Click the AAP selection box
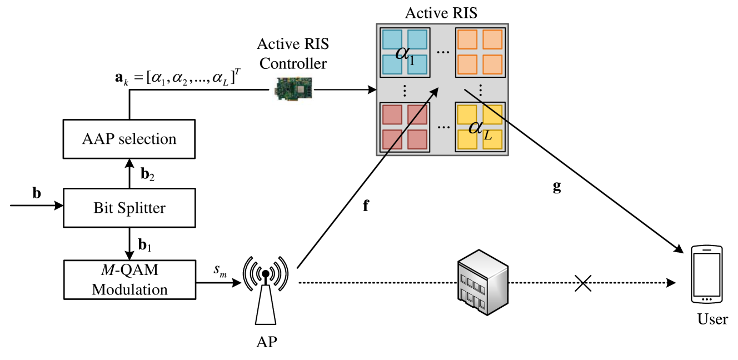[x=129, y=139]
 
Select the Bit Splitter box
[x=129, y=208]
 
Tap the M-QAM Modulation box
[x=129, y=279]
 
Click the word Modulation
[x=129, y=289]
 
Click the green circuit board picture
[x=293, y=88]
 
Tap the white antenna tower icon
[x=266, y=292]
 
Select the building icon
[x=482, y=283]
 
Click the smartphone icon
[x=706, y=274]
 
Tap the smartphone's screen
[x=706, y=273]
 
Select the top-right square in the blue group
[x=417, y=39]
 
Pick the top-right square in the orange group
[x=492, y=39]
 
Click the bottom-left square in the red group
[x=392, y=139]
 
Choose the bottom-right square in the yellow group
[x=492, y=139]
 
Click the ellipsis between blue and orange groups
[x=443, y=52]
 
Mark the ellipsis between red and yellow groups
[x=443, y=127]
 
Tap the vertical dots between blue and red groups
[x=405, y=89]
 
